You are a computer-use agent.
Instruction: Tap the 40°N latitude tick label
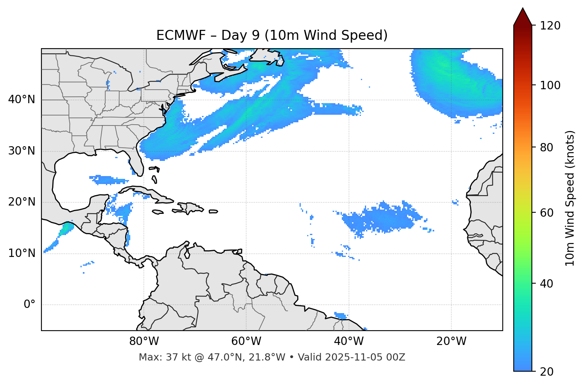pos(22,100)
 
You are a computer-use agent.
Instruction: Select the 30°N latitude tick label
pos(22,151)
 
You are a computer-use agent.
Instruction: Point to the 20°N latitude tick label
pos(22,202)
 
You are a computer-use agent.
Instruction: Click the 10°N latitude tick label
pos(22,253)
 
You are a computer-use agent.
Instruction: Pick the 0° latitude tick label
pos(29,305)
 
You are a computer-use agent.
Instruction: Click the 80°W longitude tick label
pos(144,341)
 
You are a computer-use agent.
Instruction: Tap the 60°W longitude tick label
pos(246,341)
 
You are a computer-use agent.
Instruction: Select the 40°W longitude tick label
pos(349,341)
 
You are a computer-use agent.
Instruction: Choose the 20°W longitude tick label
pos(451,341)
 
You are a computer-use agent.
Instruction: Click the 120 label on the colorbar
pos(550,26)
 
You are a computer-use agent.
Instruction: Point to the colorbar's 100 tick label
pos(550,85)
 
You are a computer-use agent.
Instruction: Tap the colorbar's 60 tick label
pos(547,213)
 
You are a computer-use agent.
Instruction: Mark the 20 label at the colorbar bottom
pos(547,372)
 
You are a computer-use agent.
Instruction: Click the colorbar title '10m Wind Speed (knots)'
pos(570,198)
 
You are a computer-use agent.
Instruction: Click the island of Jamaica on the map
pos(157,212)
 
